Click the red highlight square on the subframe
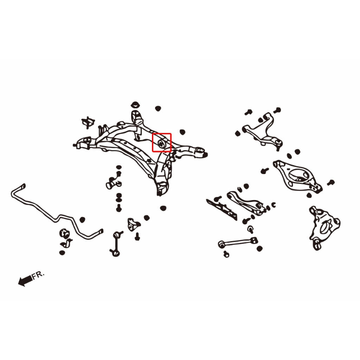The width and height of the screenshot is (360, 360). coord(162,133)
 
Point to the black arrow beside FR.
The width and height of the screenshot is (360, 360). coord(25,281)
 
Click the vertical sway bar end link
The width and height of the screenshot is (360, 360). coord(116,243)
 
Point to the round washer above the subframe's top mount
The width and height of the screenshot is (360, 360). coord(135,105)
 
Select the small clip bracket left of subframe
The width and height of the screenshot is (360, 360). coord(88,122)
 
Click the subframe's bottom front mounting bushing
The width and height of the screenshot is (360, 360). coord(162,188)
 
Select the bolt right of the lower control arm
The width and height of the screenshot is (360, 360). coord(331,182)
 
